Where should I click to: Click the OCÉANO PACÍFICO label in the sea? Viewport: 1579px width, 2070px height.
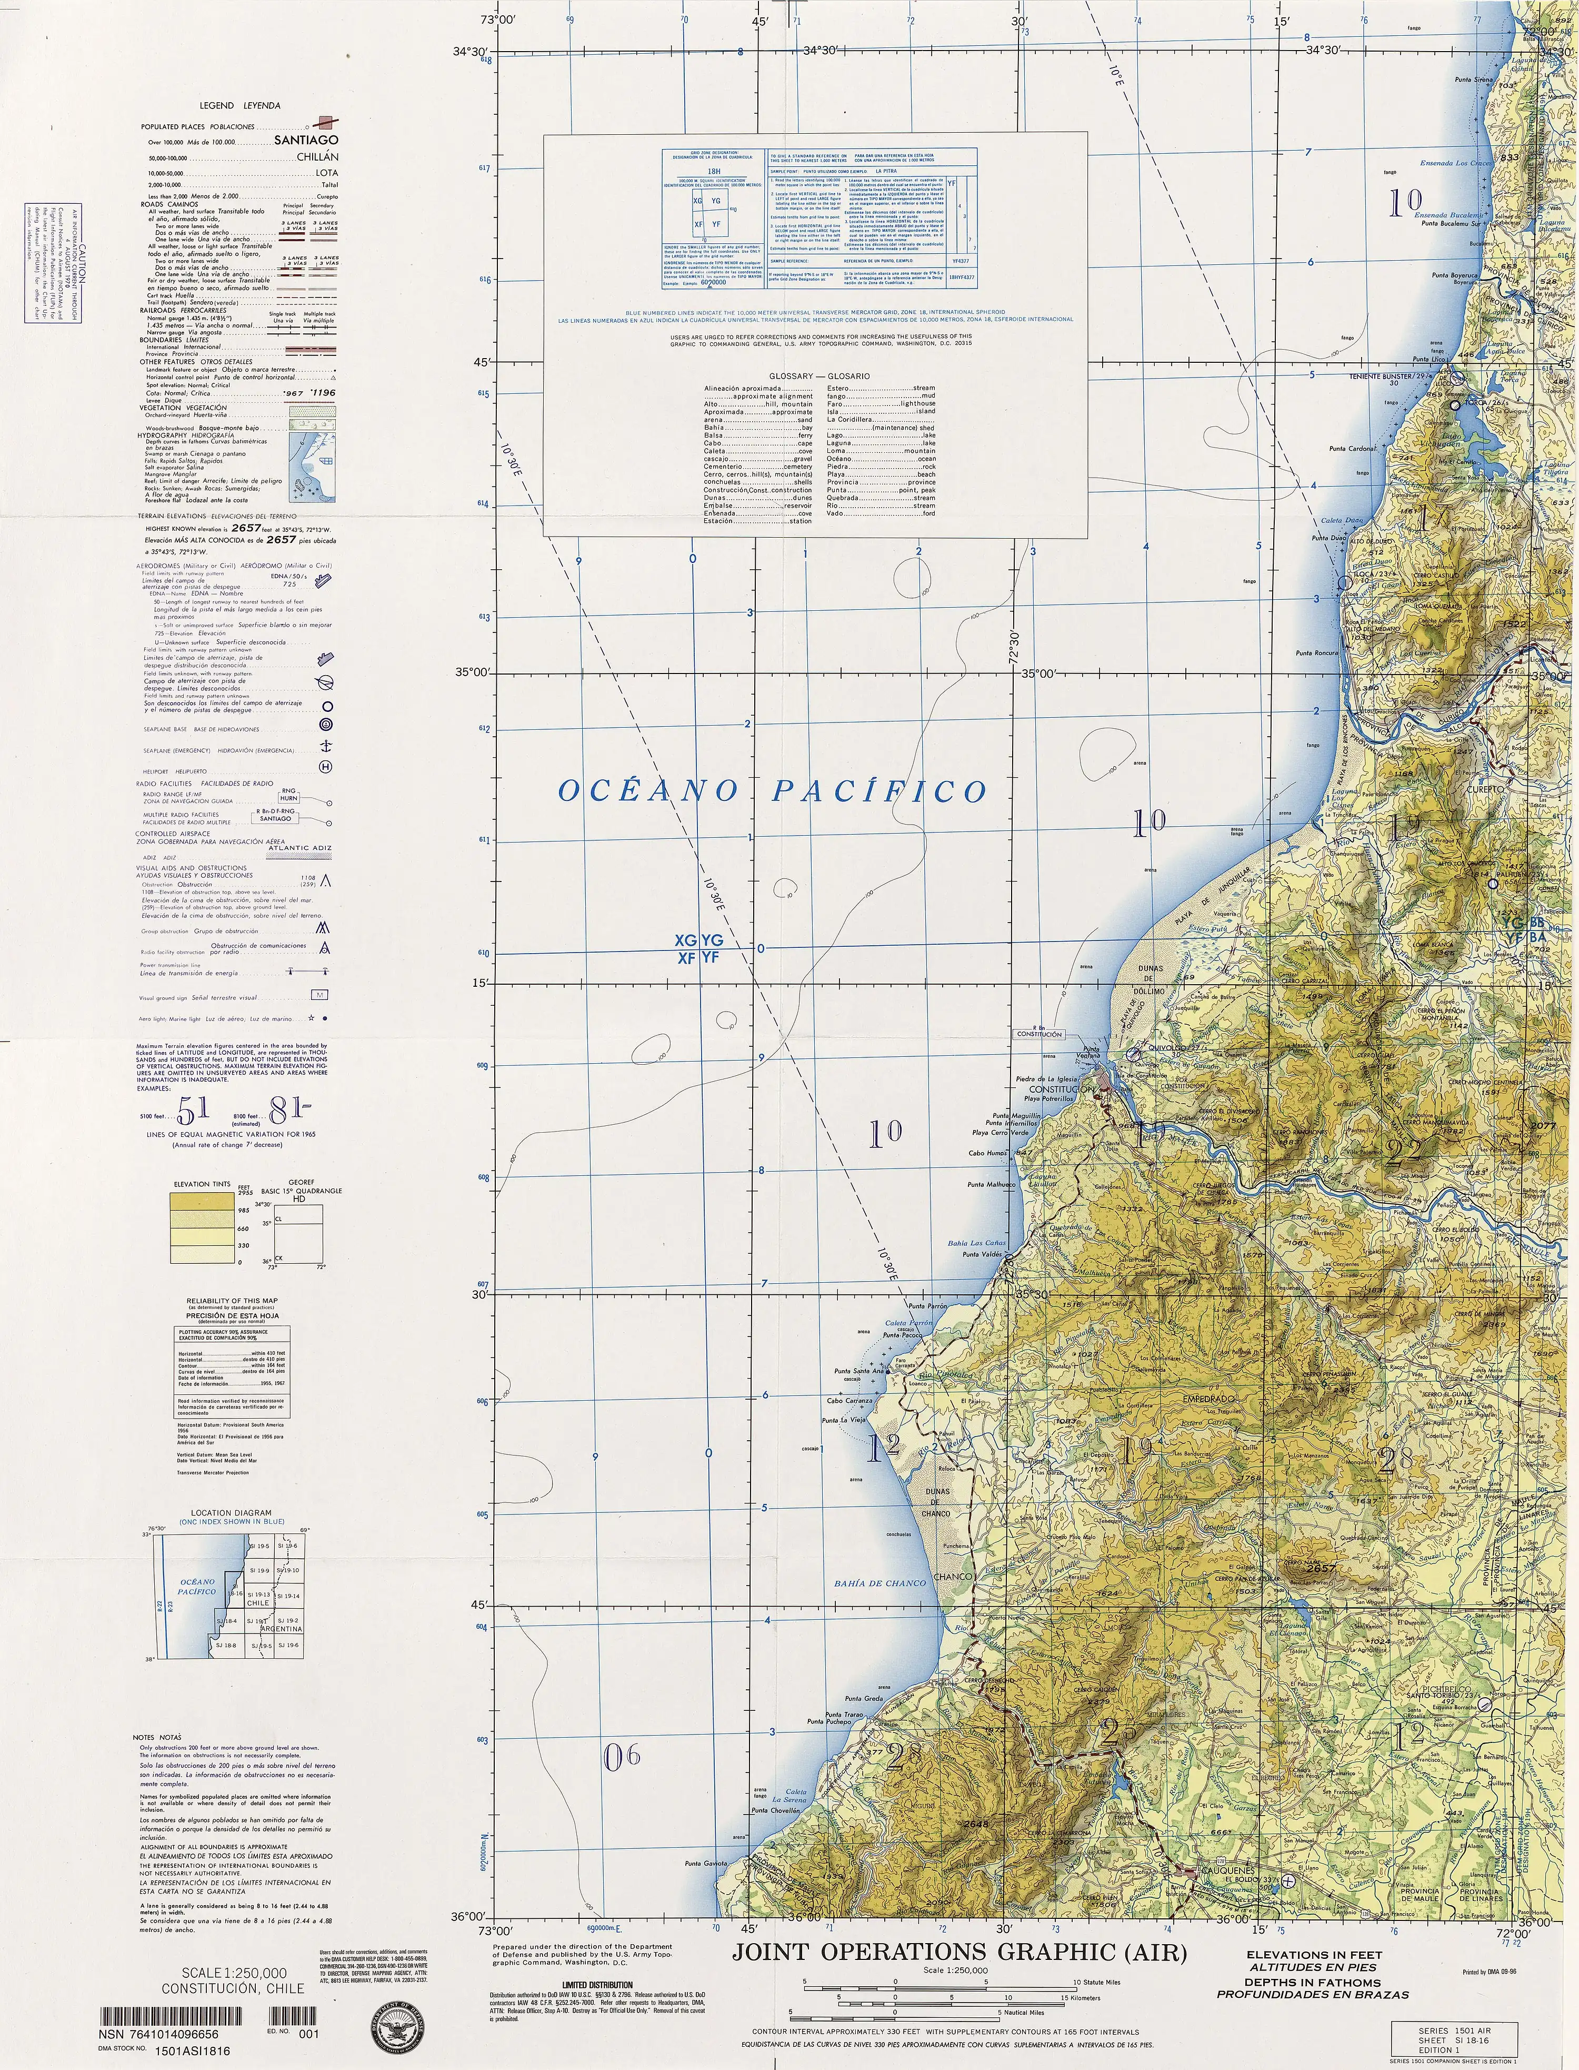pyautogui.click(x=773, y=790)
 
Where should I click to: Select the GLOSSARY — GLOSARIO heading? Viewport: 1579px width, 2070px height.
pyautogui.click(x=814, y=375)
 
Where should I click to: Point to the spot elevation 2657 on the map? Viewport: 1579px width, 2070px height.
pyautogui.click(x=1321, y=1569)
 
